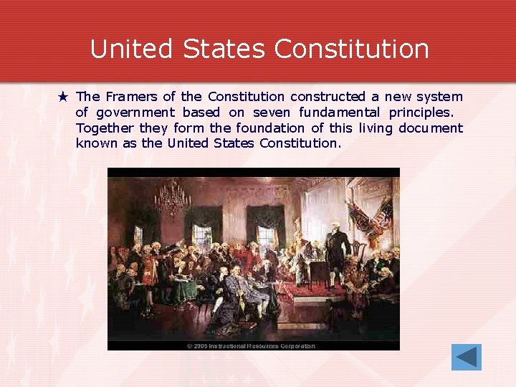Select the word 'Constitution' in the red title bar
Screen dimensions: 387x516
(351, 49)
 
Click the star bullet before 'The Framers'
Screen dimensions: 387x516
(63, 96)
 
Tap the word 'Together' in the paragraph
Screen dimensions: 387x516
(105, 128)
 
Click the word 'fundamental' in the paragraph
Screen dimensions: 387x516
(340, 112)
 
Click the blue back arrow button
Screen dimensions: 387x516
(466, 357)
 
